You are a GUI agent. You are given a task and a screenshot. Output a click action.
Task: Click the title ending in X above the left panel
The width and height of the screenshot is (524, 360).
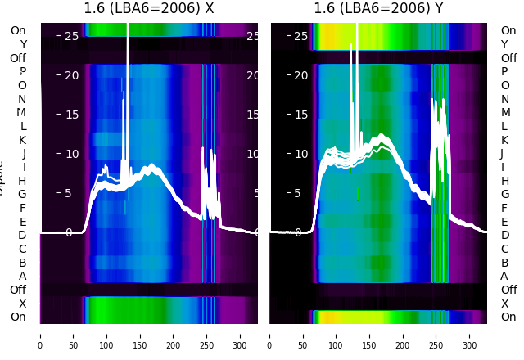pos(149,9)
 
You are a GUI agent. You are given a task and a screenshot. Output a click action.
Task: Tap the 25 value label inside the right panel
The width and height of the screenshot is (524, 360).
pos(300,36)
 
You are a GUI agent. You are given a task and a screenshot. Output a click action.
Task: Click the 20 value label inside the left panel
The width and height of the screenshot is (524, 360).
pos(70,75)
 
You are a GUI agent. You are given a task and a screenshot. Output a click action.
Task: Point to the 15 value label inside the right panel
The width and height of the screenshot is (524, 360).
pos(300,115)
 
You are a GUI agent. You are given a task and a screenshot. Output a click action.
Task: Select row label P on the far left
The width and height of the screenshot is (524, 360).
pos(22,72)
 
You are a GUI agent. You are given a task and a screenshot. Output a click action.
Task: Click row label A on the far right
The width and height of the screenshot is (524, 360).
pos(504,277)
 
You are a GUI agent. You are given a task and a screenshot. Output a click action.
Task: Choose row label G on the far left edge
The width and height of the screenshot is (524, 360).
pos(22,195)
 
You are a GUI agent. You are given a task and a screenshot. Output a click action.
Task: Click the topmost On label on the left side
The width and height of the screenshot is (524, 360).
pos(18,31)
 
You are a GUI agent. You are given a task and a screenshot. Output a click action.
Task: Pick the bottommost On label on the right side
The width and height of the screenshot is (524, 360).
pos(508,317)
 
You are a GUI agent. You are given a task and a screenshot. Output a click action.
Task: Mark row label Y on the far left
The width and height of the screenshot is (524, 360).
pos(23,45)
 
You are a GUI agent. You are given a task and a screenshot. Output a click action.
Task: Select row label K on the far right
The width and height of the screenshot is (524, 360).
pos(504,140)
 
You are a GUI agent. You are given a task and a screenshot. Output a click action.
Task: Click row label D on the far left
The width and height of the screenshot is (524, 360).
pos(22,236)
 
